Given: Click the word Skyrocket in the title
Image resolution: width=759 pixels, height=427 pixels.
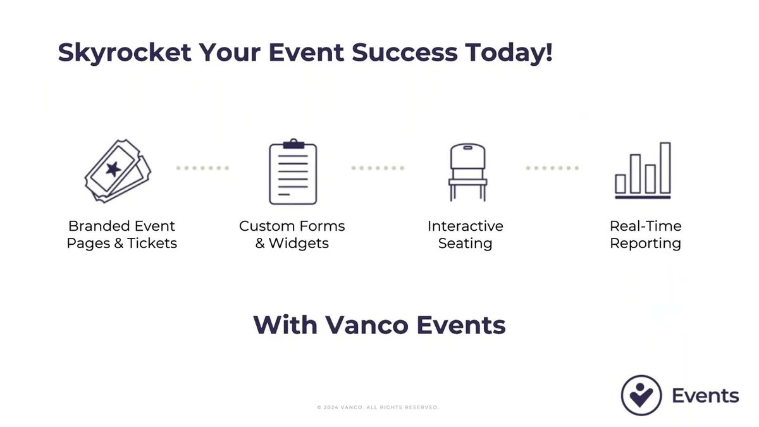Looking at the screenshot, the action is (x=125, y=53).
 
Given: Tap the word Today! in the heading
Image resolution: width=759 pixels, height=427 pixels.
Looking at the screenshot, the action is (x=509, y=53).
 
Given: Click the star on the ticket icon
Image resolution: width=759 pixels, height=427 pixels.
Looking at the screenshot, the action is (x=113, y=169).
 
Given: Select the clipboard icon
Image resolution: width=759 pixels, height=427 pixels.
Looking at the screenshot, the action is (x=293, y=171).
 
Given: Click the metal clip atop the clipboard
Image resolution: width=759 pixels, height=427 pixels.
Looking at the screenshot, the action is (x=293, y=144).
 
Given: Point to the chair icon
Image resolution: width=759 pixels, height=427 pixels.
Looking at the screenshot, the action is (x=467, y=172).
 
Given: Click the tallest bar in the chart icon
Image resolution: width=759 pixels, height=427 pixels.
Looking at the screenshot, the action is (x=665, y=168).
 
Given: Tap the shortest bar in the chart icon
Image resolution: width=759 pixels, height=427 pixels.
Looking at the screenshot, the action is (x=620, y=184).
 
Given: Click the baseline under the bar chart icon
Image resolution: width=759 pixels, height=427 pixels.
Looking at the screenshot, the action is (x=643, y=197).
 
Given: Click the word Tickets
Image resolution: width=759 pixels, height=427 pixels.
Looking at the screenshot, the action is (x=152, y=244).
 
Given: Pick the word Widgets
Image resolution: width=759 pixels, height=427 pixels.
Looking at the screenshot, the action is (x=299, y=244).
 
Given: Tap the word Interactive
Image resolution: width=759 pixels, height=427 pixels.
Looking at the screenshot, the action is (x=466, y=226).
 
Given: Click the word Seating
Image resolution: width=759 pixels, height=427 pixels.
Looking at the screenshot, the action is (x=466, y=244).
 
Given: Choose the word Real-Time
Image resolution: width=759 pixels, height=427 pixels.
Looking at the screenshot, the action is (x=646, y=226).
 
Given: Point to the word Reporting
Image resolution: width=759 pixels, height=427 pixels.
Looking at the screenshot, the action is (x=646, y=244).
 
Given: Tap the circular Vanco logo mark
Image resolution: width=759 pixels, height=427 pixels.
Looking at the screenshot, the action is (x=641, y=395).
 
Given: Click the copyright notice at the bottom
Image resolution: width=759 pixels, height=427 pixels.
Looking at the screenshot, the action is (x=378, y=407).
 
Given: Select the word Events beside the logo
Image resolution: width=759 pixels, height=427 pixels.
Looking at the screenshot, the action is (x=705, y=396).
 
